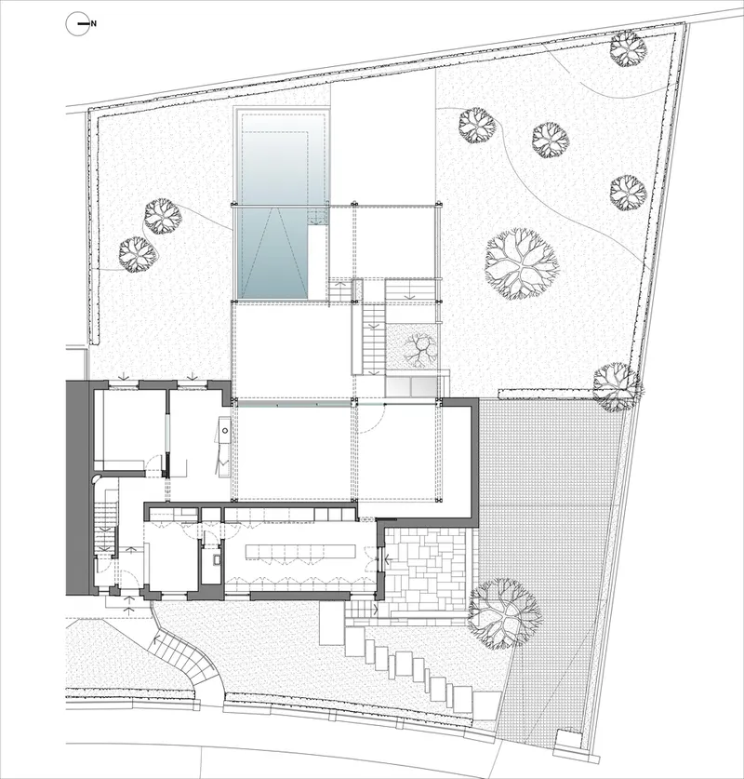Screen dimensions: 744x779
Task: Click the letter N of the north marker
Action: coord(94,23)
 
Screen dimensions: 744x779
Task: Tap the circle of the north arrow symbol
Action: coord(77,23)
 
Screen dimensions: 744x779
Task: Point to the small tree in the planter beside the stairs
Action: coord(418,348)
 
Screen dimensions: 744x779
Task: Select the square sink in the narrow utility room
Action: coord(217,560)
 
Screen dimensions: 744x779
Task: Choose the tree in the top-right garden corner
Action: coord(629,48)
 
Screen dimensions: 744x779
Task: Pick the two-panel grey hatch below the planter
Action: coord(412,386)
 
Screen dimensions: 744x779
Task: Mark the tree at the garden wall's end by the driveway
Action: coord(616,387)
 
